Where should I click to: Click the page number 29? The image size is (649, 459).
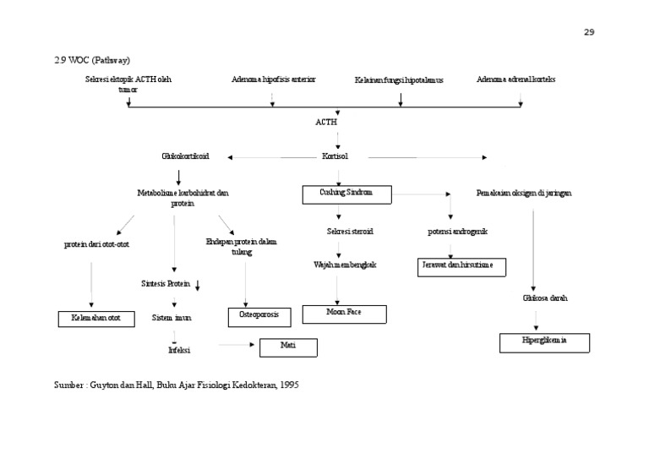pos(589,32)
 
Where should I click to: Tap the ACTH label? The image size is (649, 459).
pos(326,122)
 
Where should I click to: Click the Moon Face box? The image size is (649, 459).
pos(344,313)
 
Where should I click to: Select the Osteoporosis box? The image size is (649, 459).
pos(259,316)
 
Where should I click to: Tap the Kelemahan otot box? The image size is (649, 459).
pos(96,319)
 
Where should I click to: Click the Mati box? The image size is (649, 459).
pos(287,346)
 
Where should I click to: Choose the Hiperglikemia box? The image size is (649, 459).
pos(544,342)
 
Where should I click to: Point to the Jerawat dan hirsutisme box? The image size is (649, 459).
pos(463,267)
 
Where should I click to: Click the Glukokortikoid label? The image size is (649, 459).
pos(185,156)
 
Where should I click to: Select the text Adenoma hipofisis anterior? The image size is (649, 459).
pos(273,79)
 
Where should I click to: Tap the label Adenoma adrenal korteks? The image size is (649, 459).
pos(515,79)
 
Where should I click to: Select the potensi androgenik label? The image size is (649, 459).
pos(457,231)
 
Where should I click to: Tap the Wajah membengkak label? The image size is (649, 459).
pos(345,265)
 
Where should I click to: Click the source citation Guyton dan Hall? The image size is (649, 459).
pos(177,384)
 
